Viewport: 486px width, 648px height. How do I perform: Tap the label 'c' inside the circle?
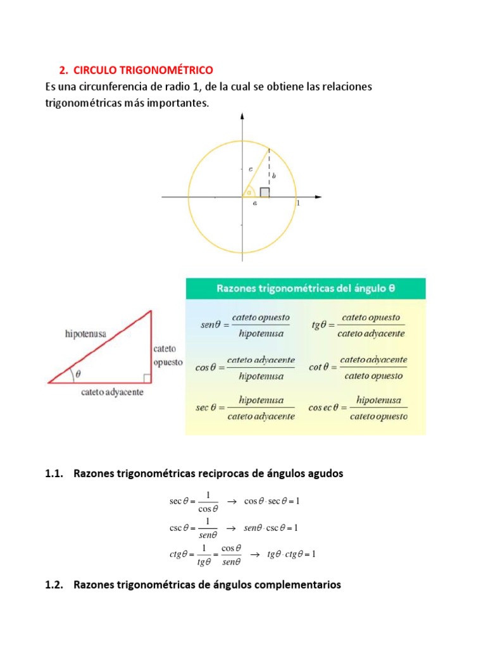point(251,169)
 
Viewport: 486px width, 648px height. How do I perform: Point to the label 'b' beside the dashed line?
point(274,176)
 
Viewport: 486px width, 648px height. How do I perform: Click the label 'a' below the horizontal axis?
point(254,204)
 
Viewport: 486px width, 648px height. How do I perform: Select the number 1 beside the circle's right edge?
point(298,204)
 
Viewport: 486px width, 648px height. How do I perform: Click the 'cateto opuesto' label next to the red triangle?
point(168,356)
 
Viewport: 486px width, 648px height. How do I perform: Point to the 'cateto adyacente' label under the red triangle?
point(112,392)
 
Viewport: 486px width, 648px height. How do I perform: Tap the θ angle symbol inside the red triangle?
point(78,374)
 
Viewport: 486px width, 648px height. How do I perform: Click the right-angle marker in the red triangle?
point(146,378)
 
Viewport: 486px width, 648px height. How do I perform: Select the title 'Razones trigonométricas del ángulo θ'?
point(306,289)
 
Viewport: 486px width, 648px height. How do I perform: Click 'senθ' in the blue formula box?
point(209,325)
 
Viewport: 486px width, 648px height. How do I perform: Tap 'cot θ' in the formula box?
point(320,367)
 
